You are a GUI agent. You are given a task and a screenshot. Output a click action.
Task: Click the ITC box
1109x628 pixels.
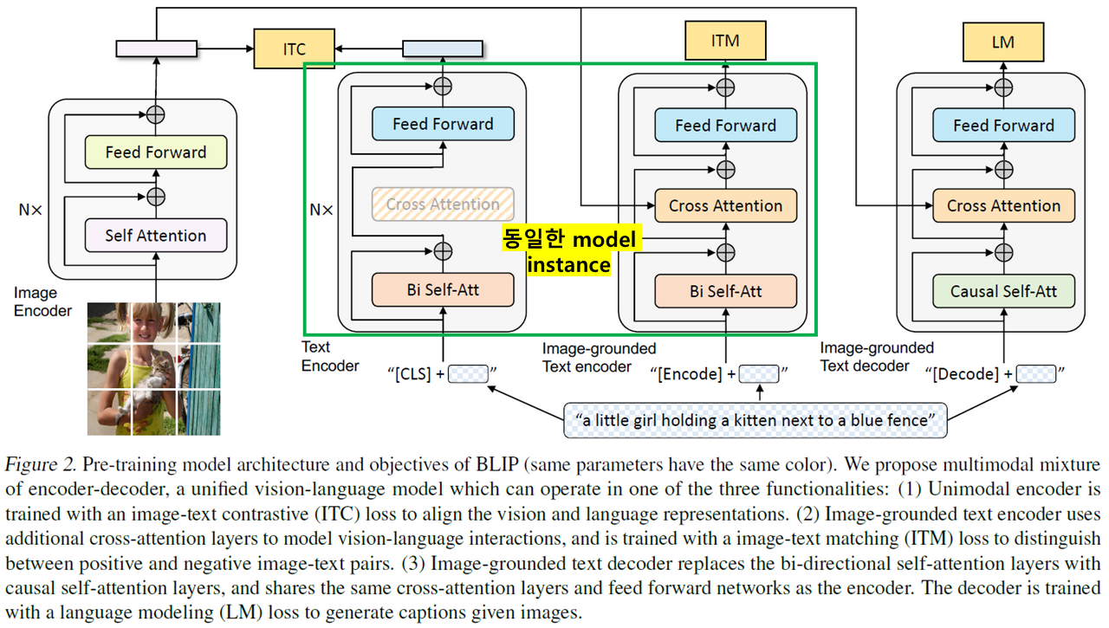(294, 49)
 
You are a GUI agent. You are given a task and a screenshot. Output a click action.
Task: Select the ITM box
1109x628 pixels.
(724, 41)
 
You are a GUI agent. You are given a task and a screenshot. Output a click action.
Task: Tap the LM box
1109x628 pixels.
(1002, 41)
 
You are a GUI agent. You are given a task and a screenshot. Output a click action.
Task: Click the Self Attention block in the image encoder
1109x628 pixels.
(156, 236)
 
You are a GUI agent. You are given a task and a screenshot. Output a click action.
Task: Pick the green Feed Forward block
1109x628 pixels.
(156, 152)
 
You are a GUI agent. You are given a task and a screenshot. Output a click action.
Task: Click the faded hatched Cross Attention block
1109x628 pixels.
(443, 204)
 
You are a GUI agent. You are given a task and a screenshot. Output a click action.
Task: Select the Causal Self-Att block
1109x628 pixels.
(1003, 291)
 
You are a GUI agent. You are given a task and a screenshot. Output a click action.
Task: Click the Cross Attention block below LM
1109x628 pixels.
(1003, 206)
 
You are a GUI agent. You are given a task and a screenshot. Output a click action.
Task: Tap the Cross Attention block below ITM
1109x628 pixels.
(725, 206)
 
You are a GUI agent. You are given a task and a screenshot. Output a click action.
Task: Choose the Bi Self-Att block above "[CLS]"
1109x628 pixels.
(443, 290)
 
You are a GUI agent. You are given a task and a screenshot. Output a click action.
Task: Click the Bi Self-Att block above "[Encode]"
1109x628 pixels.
(725, 291)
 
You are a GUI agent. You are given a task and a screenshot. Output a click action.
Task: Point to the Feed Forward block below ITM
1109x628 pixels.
(725, 126)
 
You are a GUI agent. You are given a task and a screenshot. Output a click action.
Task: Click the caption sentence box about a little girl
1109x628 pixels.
(756, 420)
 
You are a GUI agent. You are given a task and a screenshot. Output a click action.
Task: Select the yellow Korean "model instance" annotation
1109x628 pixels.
(570, 252)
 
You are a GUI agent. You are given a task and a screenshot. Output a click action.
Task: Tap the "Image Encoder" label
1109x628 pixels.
(42, 302)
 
